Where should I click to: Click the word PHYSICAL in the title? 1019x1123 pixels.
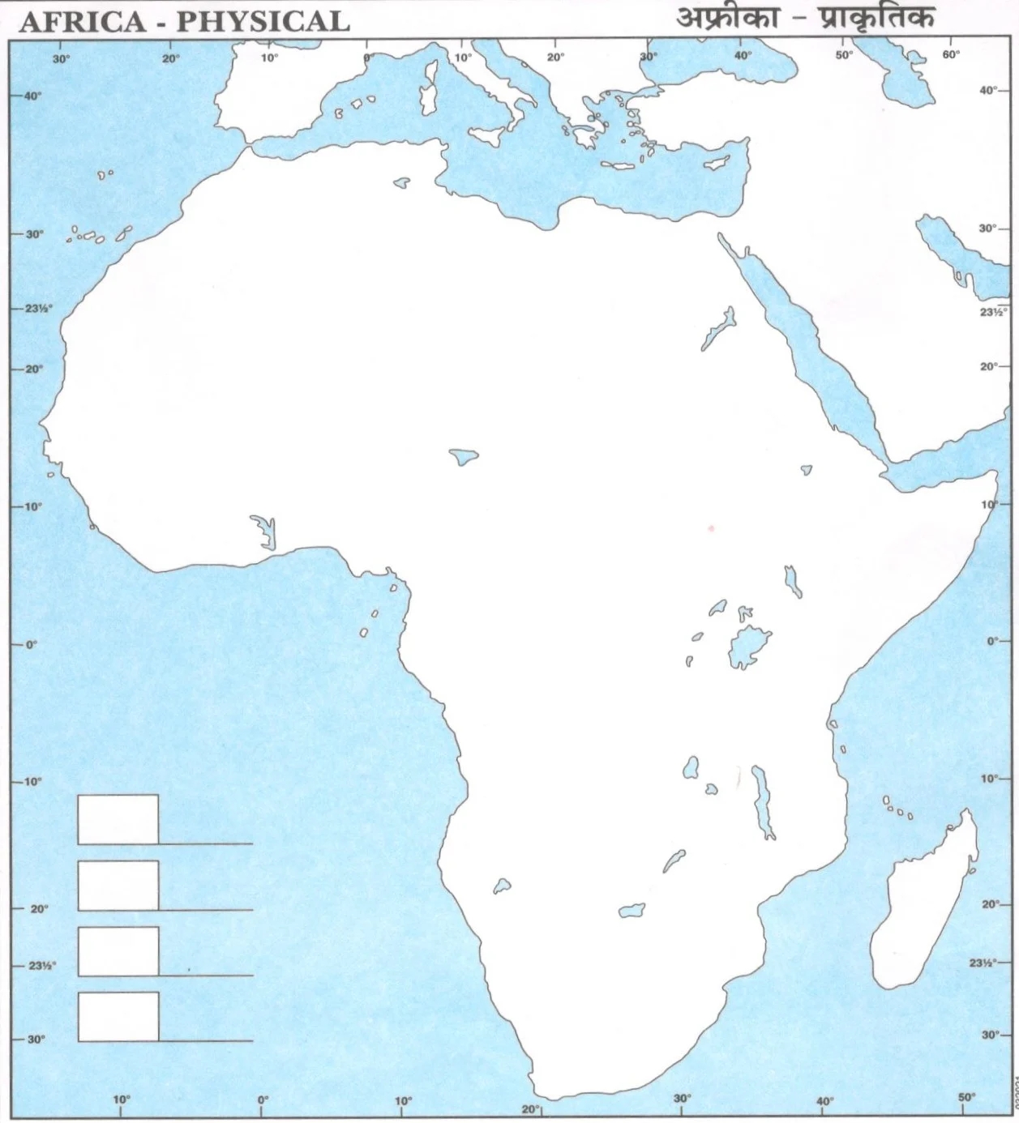[x=263, y=21]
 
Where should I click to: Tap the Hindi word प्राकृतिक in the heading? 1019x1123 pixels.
[x=876, y=18]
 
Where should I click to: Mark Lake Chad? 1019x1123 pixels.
[x=464, y=457]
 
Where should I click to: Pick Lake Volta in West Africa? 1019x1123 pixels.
[x=264, y=530]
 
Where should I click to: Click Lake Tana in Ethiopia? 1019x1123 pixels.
[x=806, y=469]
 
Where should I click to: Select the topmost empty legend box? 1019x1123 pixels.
[x=118, y=819]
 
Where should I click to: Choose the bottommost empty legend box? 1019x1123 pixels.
[x=118, y=1016]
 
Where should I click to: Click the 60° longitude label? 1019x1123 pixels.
[x=950, y=55]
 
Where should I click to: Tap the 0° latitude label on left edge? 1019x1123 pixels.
[x=31, y=644]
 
